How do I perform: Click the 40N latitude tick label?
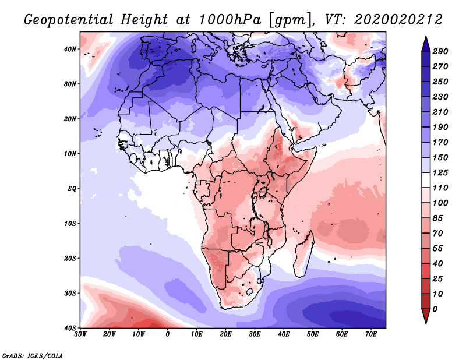coord(70,49)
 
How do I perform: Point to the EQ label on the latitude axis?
coord(72,189)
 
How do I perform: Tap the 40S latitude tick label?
coord(70,328)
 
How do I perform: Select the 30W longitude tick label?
coord(80,334)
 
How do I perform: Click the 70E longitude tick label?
coord(371,334)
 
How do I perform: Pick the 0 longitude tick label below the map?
coord(168,334)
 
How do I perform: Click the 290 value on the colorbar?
coord(440,51)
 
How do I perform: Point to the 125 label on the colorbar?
coord(440,172)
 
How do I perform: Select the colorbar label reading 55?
coord(437,249)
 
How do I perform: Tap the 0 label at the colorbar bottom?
coord(435,309)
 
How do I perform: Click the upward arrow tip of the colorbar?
coord(426,37)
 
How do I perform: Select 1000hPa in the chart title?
coord(230,20)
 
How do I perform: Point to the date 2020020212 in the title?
coord(398,20)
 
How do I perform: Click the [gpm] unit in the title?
coord(291,20)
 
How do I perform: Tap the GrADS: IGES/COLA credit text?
coord(33,355)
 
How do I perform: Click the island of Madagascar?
coord(303,253)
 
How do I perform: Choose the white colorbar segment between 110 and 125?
coord(426,180)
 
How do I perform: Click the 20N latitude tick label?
coord(70,119)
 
